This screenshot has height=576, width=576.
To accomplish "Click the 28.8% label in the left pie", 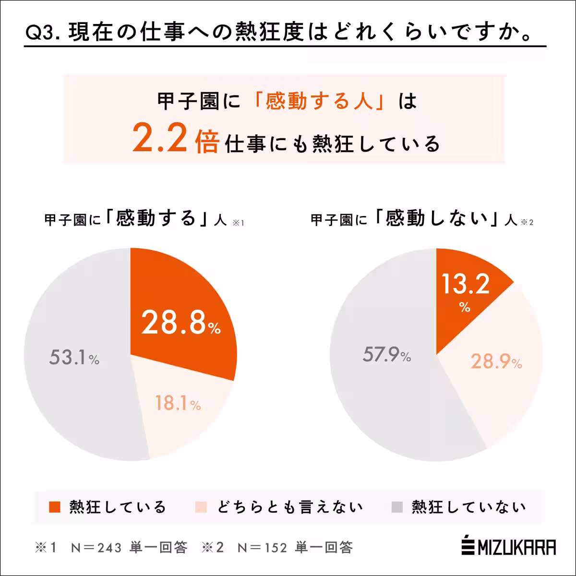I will (x=180, y=323).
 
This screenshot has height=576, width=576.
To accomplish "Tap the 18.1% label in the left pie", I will (x=178, y=403).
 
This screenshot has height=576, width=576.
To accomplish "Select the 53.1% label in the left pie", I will (x=74, y=358).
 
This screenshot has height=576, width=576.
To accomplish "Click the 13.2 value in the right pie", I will (x=465, y=284).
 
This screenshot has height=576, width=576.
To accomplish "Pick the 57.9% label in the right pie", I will (x=386, y=355).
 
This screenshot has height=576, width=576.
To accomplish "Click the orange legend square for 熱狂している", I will (x=55, y=507).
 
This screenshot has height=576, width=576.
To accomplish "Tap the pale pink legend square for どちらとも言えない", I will (x=201, y=507).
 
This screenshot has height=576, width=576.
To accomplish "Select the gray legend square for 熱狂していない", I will (x=397, y=507).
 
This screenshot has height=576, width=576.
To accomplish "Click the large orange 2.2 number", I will (x=159, y=137).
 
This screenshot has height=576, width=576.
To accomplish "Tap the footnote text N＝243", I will (x=96, y=548).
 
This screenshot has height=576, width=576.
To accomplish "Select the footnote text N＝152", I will (x=262, y=548).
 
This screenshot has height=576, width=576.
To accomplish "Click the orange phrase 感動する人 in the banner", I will (x=319, y=101).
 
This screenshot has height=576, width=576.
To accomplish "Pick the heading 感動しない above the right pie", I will (x=437, y=219).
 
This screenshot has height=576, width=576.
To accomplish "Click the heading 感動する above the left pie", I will (x=156, y=219).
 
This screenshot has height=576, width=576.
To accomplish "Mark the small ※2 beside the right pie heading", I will (x=527, y=222).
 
